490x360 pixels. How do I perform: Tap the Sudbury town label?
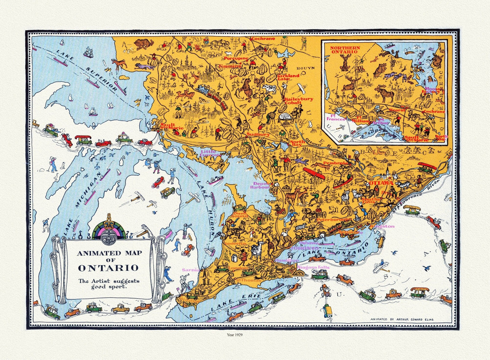(258, 134)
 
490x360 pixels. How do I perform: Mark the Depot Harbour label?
(260, 185)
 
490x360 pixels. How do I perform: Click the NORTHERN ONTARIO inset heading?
(345, 50)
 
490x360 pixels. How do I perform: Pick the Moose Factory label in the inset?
(432, 91)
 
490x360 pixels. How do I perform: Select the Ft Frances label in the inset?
(335, 117)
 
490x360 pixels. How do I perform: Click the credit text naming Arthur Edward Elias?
(402, 319)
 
